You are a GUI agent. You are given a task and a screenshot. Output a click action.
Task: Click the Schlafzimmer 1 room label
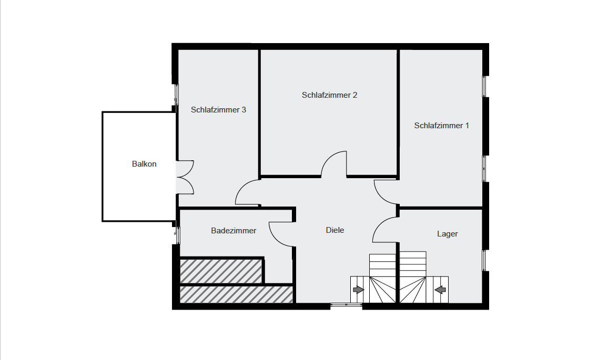(x=442, y=125)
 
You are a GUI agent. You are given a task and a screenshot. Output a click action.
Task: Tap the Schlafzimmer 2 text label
(x=330, y=95)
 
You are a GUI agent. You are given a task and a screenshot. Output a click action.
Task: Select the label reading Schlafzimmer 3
(x=218, y=110)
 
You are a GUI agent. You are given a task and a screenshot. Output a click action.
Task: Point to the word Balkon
(x=144, y=164)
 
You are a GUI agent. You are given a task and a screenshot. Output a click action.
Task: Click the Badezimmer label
(x=234, y=231)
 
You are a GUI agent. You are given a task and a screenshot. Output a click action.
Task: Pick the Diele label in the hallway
(x=335, y=230)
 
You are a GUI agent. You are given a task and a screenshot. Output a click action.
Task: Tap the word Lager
(x=448, y=234)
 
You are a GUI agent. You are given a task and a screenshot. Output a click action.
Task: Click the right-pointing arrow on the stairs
(x=358, y=290)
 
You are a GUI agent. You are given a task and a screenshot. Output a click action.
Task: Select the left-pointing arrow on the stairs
(x=440, y=290)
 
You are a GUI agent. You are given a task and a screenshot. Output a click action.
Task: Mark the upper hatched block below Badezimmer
(x=221, y=271)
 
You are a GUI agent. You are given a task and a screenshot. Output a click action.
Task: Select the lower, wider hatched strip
(x=236, y=294)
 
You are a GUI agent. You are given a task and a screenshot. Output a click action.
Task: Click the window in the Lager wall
(x=485, y=260)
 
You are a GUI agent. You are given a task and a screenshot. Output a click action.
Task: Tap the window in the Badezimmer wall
(x=177, y=235)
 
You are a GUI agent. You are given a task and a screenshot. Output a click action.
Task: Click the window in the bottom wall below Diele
(x=346, y=304)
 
